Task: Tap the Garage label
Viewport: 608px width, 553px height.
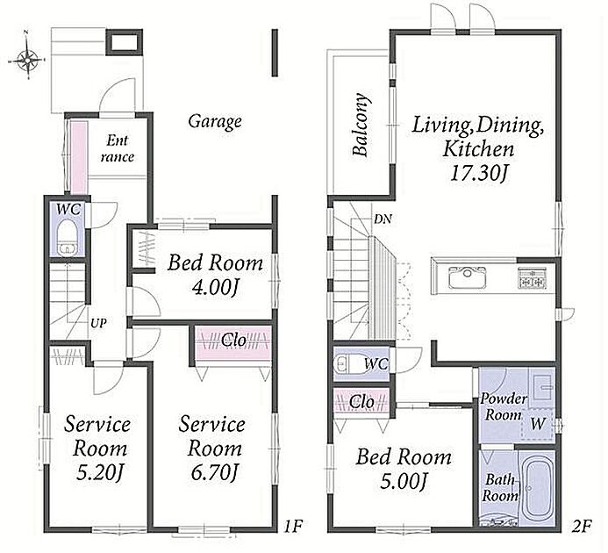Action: (215, 121)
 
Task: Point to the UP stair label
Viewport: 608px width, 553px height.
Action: (98, 323)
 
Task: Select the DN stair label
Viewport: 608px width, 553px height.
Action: (383, 219)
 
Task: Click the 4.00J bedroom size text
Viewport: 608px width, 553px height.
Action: (214, 288)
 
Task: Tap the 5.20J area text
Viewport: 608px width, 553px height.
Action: (100, 472)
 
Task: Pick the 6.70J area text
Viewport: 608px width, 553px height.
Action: (214, 472)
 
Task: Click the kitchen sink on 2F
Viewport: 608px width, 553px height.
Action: (468, 277)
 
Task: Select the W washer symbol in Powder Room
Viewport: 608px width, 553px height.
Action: (538, 424)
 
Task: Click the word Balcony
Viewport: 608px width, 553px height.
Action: (361, 125)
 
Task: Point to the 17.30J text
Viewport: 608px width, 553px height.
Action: (479, 173)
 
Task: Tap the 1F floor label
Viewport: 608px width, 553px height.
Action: (293, 527)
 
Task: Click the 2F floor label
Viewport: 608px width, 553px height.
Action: (582, 527)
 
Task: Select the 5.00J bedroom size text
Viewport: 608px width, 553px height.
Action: (404, 482)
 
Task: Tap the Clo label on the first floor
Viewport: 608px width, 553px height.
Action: (234, 340)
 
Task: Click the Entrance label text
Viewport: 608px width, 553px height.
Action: (117, 148)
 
